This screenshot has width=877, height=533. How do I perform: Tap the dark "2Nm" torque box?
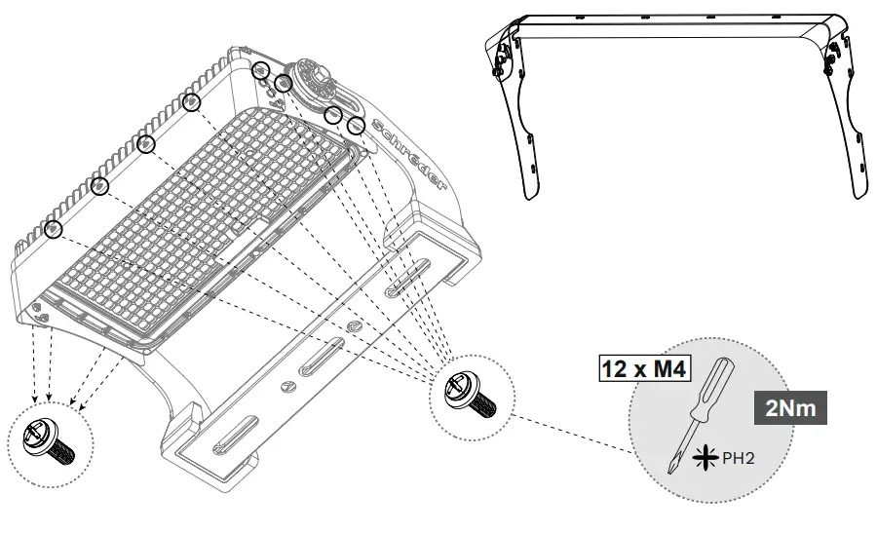tap(791, 408)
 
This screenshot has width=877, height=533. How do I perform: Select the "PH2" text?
tap(738, 456)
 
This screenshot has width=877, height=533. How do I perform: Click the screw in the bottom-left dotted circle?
tap(49, 439)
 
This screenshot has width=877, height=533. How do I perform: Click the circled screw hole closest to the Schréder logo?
tap(356, 126)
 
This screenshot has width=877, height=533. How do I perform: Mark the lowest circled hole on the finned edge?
tap(54, 230)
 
